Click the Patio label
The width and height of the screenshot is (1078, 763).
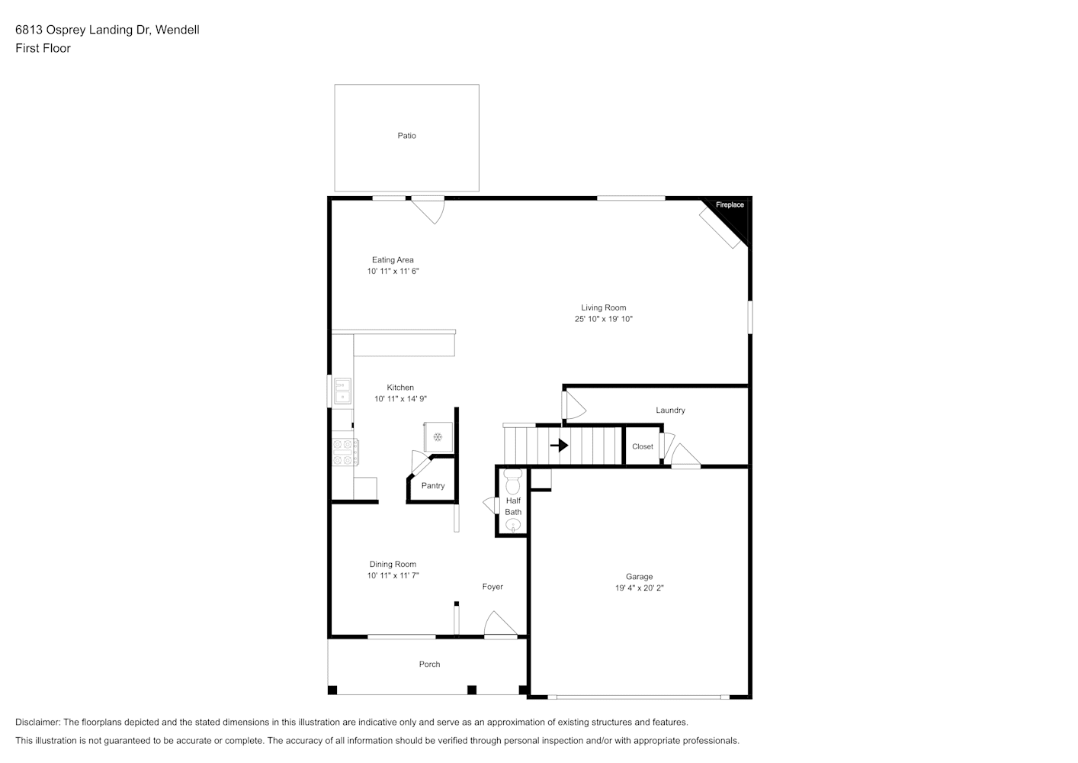click(406, 136)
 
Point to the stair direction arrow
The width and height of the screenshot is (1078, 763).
click(560, 445)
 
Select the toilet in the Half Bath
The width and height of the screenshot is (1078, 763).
click(512, 481)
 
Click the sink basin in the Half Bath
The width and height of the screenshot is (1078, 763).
click(513, 525)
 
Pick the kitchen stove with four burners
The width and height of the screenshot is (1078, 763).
click(345, 452)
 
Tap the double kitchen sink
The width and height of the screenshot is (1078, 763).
click(342, 391)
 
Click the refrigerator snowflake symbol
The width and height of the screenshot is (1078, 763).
click(438, 437)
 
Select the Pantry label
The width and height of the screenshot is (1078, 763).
click(433, 485)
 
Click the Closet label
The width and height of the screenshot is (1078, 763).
click(643, 446)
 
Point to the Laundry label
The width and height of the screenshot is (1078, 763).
click(670, 410)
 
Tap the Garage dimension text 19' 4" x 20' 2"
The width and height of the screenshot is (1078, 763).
click(639, 588)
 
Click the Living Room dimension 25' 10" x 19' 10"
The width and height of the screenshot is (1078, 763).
click(604, 319)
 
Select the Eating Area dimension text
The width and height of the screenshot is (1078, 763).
click(393, 271)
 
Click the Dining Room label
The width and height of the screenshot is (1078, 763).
click(393, 564)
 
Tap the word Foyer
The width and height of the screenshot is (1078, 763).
click(492, 587)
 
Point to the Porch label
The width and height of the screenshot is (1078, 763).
click(429, 665)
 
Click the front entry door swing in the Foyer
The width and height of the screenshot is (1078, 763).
click(500, 625)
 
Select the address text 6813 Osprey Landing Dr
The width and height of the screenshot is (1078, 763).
click(83, 30)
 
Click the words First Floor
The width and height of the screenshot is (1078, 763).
click(43, 48)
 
